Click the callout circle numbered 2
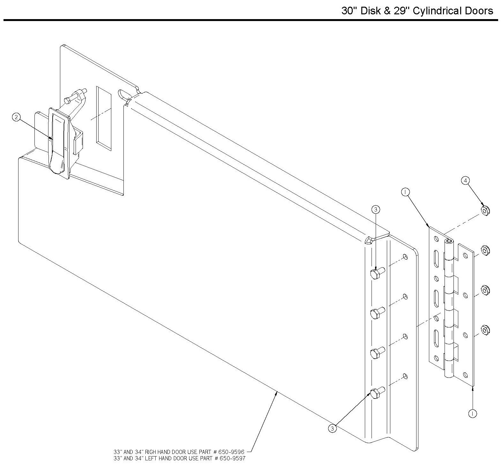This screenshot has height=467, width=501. pyautogui.click(x=16, y=118)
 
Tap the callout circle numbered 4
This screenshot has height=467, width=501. pyautogui.click(x=465, y=181)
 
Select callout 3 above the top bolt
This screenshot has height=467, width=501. pyautogui.click(x=376, y=209)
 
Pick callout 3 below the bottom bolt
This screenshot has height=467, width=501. pyautogui.click(x=332, y=429)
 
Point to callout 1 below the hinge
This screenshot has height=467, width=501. pyautogui.click(x=472, y=413)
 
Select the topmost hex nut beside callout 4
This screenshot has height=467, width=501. pyautogui.click(x=485, y=211)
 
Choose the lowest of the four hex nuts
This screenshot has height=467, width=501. pyautogui.click(x=485, y=330)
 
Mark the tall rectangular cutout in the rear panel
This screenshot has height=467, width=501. pyautogui.click(x=104, y=118)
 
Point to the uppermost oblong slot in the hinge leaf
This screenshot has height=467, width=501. pyautogui.click(x=436, y=259)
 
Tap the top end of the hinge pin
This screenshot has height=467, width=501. pyautogui.click(x=449, y=241)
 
